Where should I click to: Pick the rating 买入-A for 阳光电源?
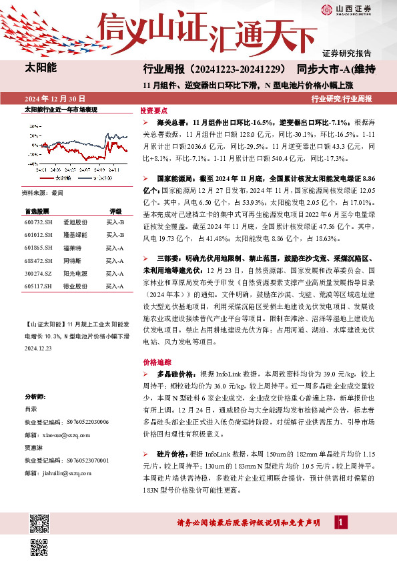(x=115, y=273)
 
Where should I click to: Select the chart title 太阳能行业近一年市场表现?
(x=61, y=108)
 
